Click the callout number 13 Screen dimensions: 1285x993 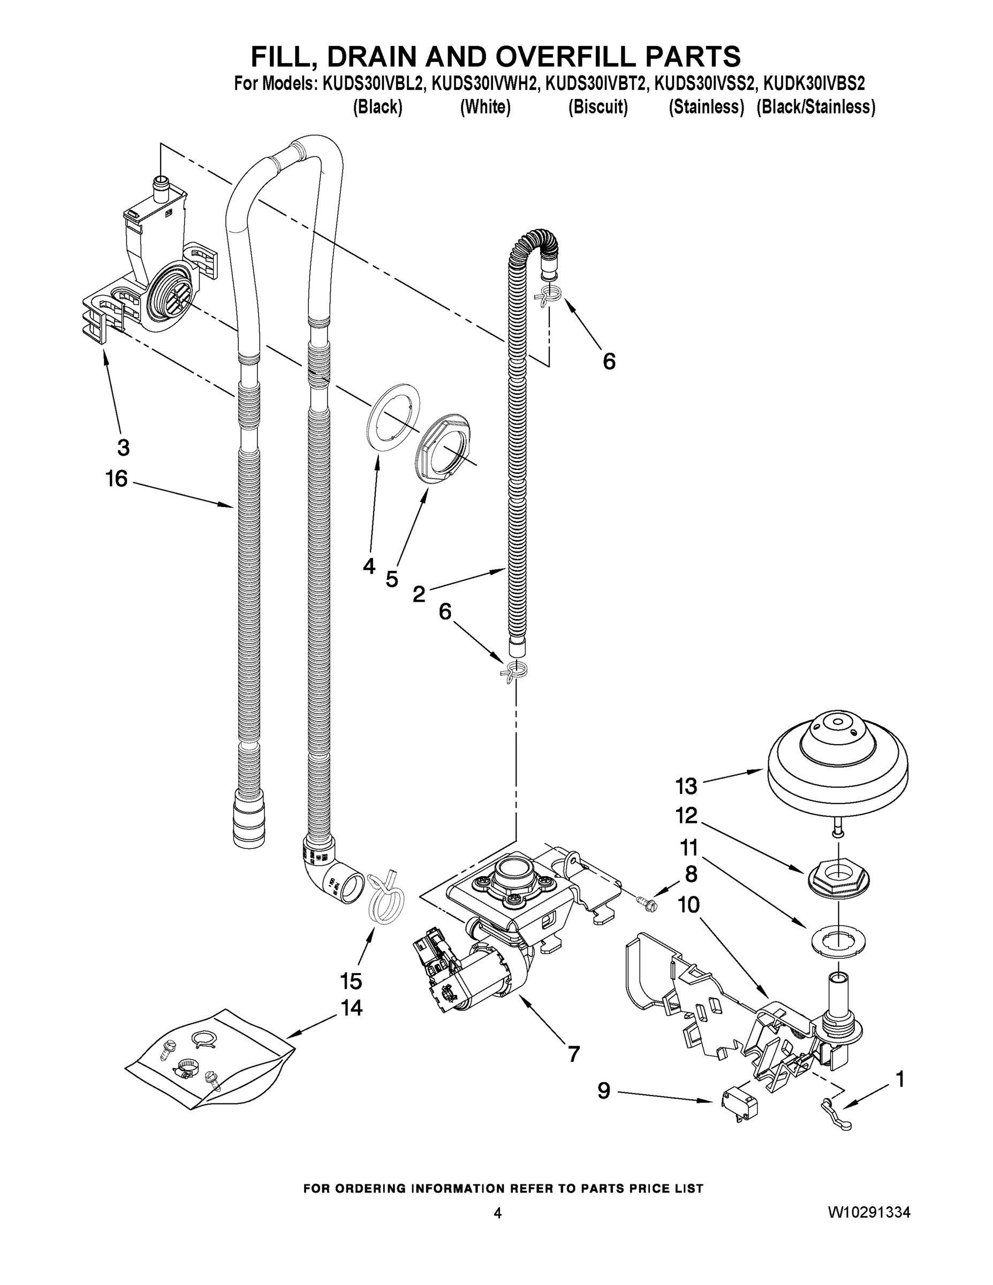[686, 786]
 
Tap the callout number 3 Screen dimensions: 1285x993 [123, 447]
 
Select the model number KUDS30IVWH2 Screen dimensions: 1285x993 [485, 84]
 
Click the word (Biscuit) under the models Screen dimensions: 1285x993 [598, 107]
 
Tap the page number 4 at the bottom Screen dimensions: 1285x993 [498, 1213]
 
